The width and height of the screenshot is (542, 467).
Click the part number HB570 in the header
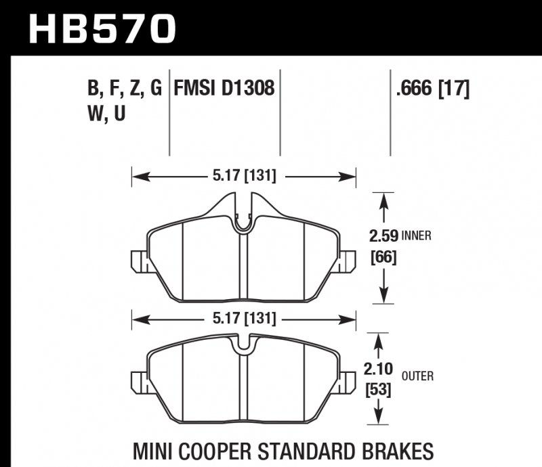[x=102, y=28]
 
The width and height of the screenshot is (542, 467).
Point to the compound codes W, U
[x=106, y=114]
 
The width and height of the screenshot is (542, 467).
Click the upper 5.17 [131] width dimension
[x=244, y=177]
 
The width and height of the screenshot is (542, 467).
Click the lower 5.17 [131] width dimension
[x=244, y=318]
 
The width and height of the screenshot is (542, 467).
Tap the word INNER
[x=417, y=237]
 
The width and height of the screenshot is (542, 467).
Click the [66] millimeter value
[x=383, y=257]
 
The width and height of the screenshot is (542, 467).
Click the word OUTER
[x=419, y=376]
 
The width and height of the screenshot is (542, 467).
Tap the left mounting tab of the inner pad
[x=138, y=261]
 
